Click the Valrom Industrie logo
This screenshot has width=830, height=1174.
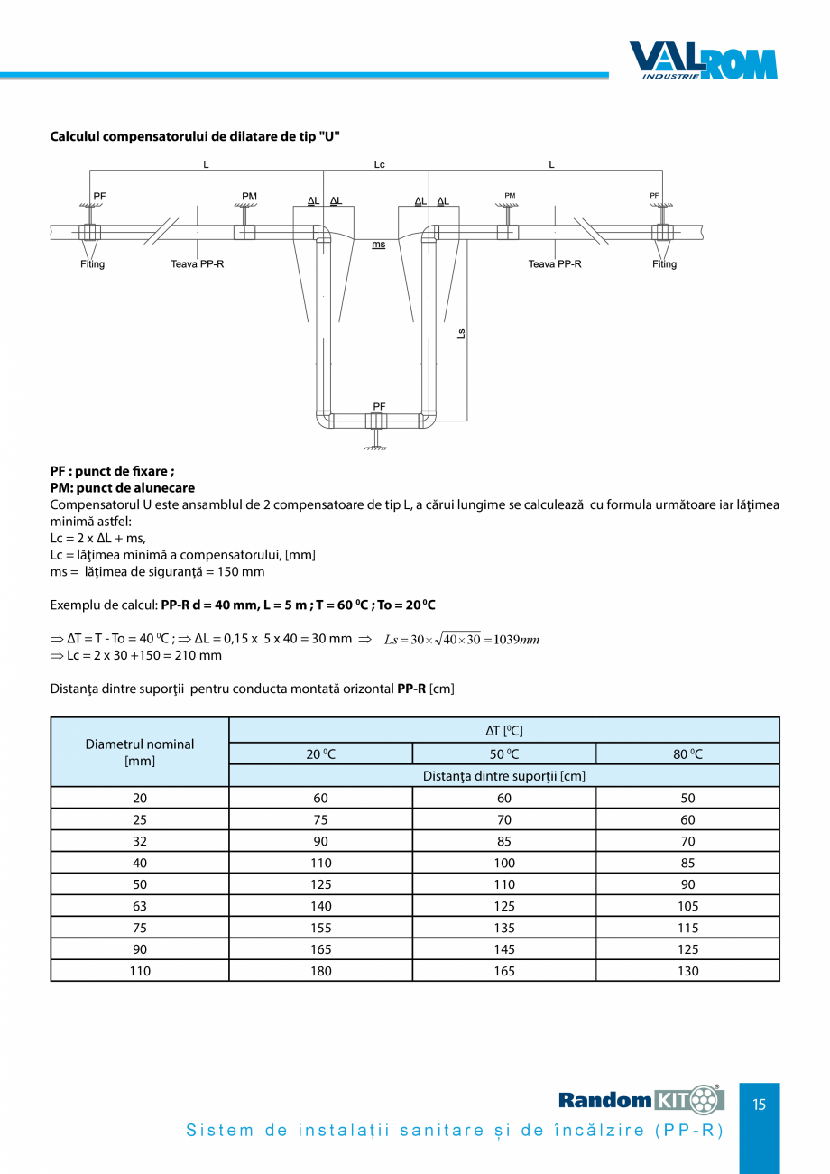pyautogui.click(x=703, y=60)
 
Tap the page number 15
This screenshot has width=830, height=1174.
pyautogui.click(x=759, y=1105)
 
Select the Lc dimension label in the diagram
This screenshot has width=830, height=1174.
pyautogui.click(x=380, y=164)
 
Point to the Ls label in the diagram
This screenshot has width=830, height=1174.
pyautogui.click(x=461, y=333)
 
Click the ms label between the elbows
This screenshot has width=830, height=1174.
pyautogui.click(x=379, y=245)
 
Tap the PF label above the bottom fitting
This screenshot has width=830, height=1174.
pyautogui.click(x=380, y=407)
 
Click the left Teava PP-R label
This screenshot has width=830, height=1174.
pyautogui.click(x=198, y=264)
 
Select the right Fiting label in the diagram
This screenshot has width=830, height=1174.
pyautogui.click(x=665, y=264)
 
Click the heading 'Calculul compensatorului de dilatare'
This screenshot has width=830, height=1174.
pyautogui.click(x=195, y=136)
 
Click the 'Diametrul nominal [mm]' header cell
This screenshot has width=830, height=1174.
pyautogui.click(x=140, y=753)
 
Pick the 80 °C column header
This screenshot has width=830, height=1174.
pyautogui.click(x=687, y=754)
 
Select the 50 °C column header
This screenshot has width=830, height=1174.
pyautogui.click(x=503, y=754)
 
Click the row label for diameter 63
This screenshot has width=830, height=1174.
pyautogui.click(x=140, y=906)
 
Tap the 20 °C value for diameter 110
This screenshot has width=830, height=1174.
pyautogui.click(x=320, y=971)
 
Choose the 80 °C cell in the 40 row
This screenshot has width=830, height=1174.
pyautogui.click(x=687, y=863)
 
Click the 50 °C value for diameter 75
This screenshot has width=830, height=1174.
pyautogui.click(x=503, y=928)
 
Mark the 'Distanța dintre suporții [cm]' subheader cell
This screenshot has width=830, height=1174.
pyautogui.click(x=504, y=776)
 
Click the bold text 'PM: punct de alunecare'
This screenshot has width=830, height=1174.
pyautogui.click(x=123, y=488)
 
